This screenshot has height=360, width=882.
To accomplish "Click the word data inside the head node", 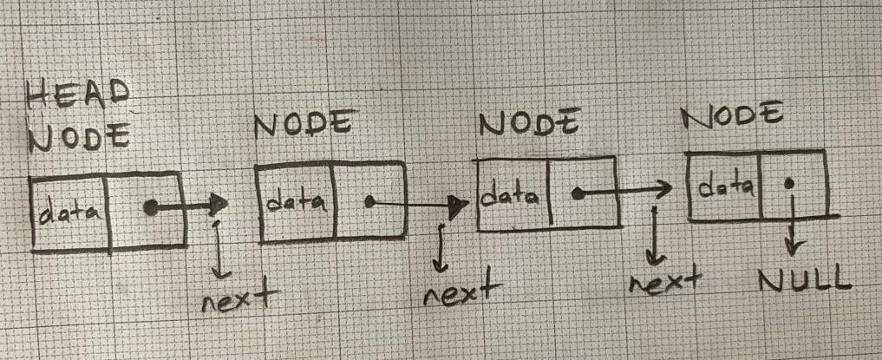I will coord(69,212).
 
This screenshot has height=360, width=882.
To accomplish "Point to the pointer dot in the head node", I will coord(150,207).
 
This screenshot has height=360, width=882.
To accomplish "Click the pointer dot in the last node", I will coord(790,184).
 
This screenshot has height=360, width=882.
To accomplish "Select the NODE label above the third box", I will coord(528,124).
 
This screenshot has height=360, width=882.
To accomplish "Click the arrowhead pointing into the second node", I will coord(220,206).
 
